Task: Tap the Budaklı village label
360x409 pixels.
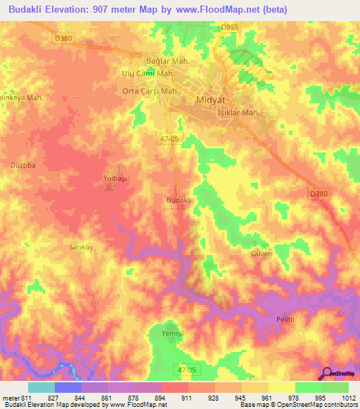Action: (179, 200)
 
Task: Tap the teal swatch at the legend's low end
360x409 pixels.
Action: (41, 387)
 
